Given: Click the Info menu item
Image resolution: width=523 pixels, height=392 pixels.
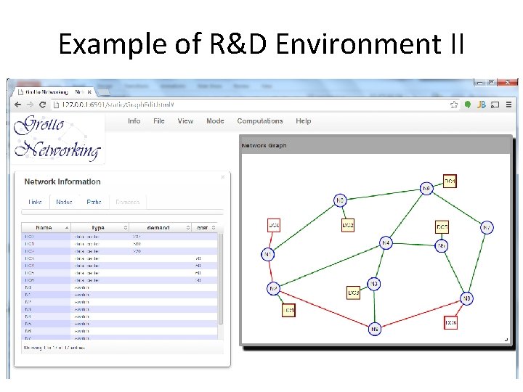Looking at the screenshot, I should pyautogui.click(x=134, y=121).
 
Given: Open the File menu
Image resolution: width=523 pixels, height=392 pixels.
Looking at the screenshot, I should pyautogui.click(x=158, y=121).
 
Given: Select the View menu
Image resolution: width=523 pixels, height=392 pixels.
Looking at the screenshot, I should pyautogui.click(x=185, y=121).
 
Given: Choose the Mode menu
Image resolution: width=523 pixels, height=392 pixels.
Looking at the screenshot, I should pyautogui.click(x=215, y=121).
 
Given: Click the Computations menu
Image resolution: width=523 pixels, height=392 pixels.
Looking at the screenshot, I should pyautogui.click(x=260, y=121).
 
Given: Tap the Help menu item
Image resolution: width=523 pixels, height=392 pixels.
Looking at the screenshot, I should pyautogui.click(x=304, y=121).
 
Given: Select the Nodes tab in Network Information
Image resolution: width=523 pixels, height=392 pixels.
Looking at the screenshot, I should pyautogui.click(x=64, y=202).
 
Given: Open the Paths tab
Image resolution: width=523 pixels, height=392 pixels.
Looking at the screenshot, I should pyautogui.click(x=94, y=202).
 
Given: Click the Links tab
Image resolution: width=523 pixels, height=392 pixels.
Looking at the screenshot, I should pyautogui.click(x=35, y=202).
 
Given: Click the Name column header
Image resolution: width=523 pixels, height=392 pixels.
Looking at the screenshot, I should pyautogui.click(x=45, y=227).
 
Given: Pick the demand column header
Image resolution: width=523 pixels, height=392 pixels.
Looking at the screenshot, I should pyautogui.click(x=158, y=227).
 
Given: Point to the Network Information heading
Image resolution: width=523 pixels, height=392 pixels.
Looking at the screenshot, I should pyautogui.click(x=62, y=181).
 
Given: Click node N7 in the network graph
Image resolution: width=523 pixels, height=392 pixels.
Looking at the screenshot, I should pyautogui.click(x=274, y=289).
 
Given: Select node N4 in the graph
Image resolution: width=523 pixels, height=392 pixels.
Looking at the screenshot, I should pyautogui.click(x=386, y=242).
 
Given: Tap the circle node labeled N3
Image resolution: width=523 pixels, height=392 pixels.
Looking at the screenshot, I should pyautogui.click(x=373, y=283).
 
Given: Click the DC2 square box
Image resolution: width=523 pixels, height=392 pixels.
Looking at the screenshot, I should pyautogui.click(x=349, y=226).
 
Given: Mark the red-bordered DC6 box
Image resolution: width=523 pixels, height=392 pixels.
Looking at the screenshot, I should pyautogui.click(x=450, y=322).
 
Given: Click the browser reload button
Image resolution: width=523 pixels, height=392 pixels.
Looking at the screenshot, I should pyautogui.click(x=43, y=105).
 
